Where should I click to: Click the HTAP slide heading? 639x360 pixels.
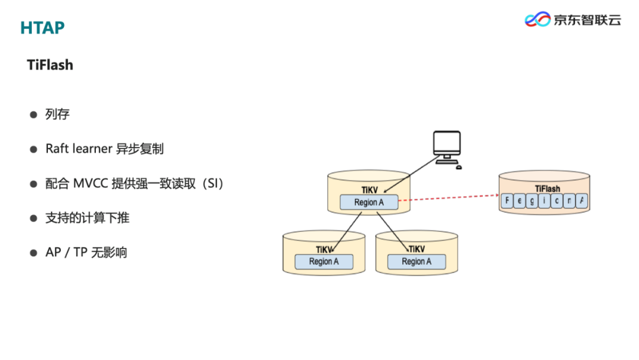(x=42, y=27)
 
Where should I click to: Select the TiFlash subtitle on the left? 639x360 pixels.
(x=50, y=65)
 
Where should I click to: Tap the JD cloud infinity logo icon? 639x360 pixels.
(x=537, y=20)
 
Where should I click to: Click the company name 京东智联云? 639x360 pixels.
(x=587, y=20)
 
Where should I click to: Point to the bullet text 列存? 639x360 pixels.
(x=57, y=114)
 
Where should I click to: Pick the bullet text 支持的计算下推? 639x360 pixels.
(x=87, y=218)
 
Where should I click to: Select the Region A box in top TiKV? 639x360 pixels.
(x=369, y=202)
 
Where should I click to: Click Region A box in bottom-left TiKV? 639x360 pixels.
(x=324, y=262)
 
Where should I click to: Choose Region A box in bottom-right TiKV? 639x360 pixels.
(x=417, y=262)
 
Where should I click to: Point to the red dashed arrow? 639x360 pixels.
(x=448, y=198)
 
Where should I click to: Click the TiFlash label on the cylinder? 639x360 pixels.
(x=547, y=189)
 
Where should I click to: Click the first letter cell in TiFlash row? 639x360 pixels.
(x=507, y=201)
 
